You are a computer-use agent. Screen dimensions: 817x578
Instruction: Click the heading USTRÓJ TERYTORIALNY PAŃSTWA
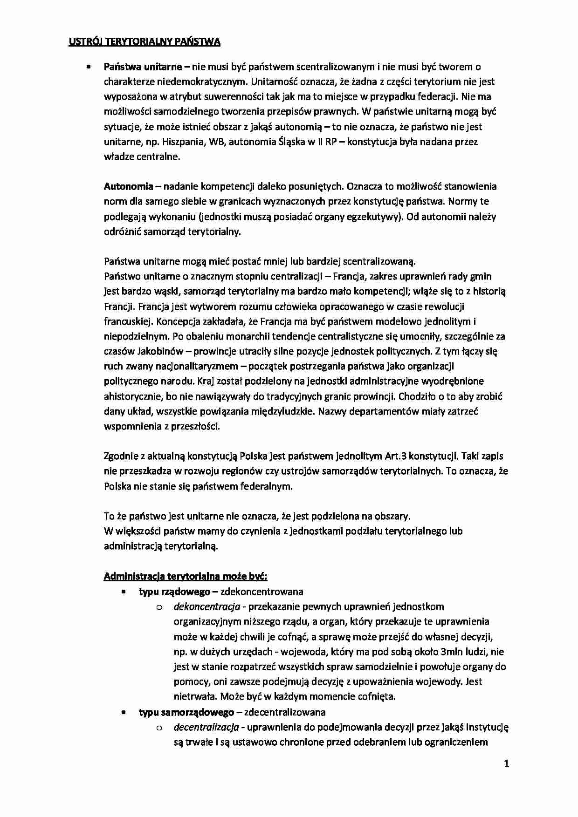tap(144, 42)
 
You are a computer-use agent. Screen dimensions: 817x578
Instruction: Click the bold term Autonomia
tap(128, 187)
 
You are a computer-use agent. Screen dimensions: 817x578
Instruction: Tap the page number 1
tap(507, 763)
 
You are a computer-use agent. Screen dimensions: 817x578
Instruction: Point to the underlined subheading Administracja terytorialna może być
tap(185, 577)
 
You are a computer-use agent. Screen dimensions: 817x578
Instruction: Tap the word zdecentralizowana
tap(285, 712)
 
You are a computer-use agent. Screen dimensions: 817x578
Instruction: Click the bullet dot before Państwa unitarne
tap(88, 67)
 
